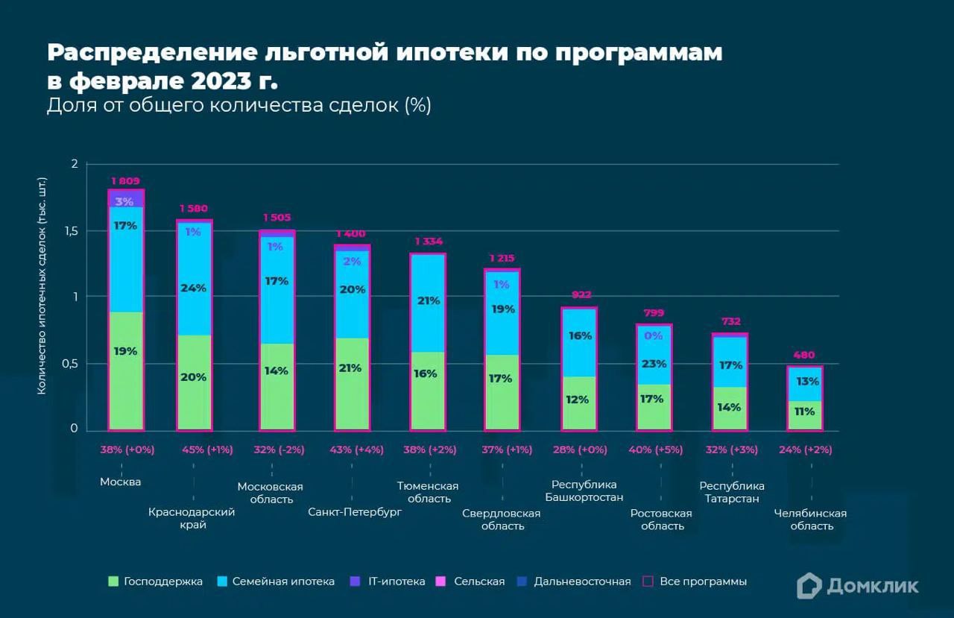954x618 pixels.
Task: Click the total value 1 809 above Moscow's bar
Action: click(125, 181)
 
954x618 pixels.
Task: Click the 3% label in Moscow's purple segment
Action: click(124, 201)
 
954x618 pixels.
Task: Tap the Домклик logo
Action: click(857, 586)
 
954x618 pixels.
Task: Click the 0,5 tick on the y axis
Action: click(69, 364)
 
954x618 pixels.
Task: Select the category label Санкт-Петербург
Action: click(355, 513)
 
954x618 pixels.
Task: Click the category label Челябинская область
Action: click(811, 520)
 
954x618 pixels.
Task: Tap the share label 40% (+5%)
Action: click(654, 450)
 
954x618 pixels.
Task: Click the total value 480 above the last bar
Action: click(804, 355)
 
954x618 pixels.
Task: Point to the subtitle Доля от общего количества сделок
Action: click(239, 105)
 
